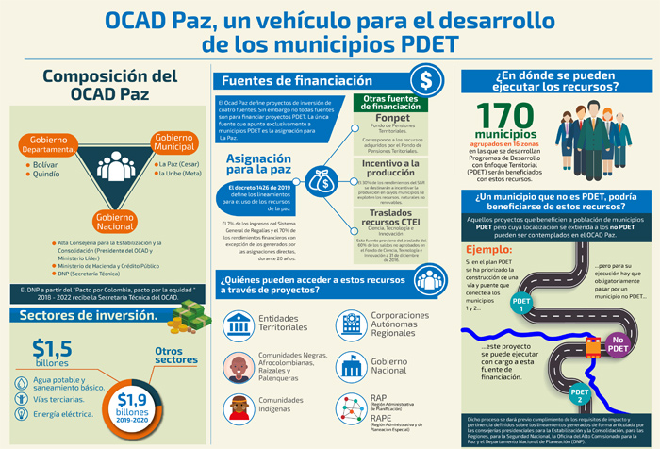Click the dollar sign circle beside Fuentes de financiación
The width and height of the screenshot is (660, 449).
[x=429, y=80]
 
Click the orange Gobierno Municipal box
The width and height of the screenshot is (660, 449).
[x=181, y=142]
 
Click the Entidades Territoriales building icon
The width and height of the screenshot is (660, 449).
[x=238, y=321]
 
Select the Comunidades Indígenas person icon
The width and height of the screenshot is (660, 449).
[x=238, y=407]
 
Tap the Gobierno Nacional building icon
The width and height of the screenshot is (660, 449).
[x=352, y=365]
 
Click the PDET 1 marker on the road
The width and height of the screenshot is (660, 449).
[x=521, y=305]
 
